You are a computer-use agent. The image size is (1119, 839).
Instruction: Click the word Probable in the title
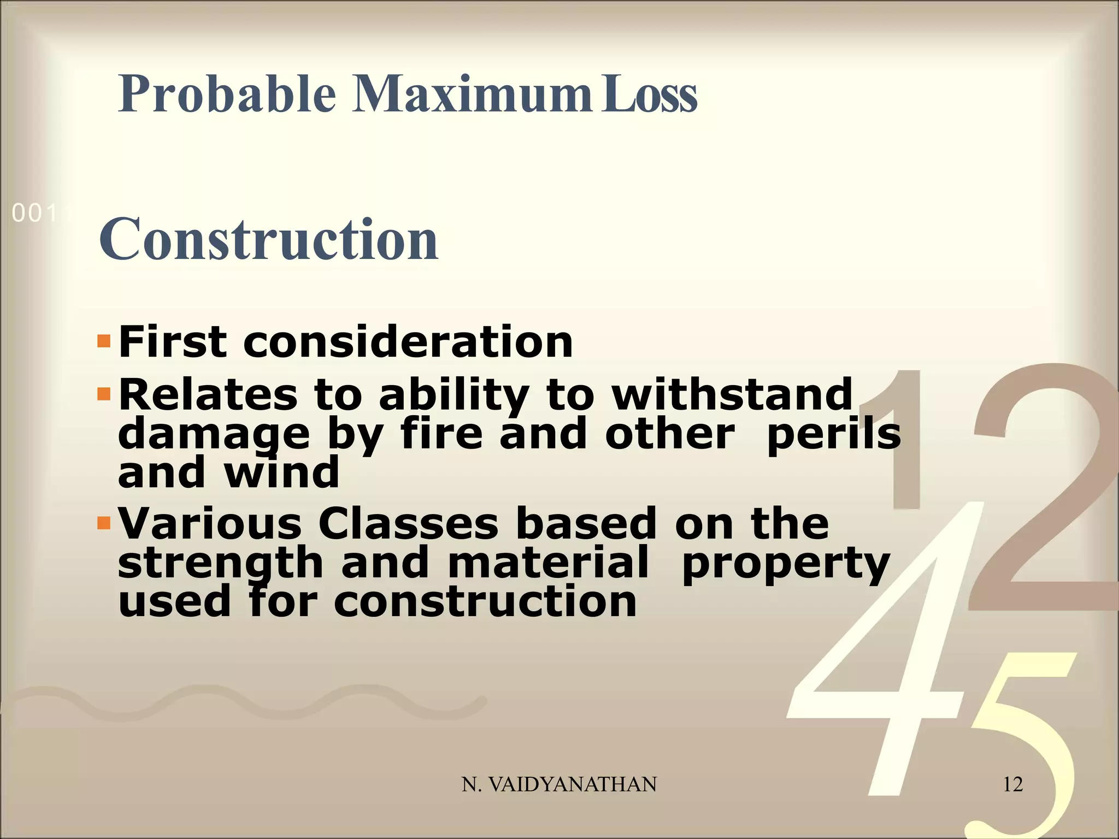(226, 94)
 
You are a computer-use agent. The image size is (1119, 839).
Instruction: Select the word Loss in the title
(649, 94)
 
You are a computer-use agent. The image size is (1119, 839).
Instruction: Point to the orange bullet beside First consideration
(104, 342)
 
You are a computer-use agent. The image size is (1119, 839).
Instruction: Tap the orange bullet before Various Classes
(104, 523)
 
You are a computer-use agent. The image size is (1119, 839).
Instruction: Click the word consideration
(408, 342)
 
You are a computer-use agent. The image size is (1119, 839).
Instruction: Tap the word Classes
(408, 523)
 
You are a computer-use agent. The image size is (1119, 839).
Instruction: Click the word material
(548, 563)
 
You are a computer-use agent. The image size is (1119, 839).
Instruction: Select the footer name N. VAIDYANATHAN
(559, 784)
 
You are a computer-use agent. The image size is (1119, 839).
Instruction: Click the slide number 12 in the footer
(1012, 784)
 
